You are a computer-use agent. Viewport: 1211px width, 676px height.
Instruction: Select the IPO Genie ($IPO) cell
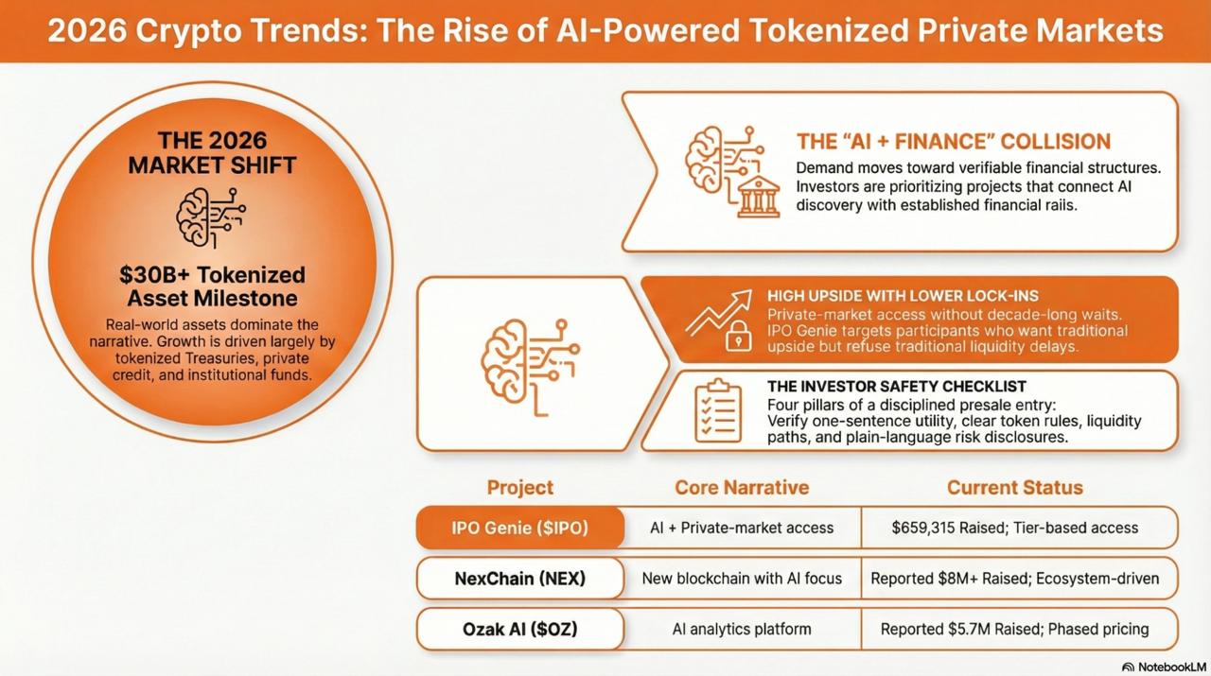[x=519, y=528]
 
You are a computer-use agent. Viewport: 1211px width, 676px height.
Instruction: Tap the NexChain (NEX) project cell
[x=519, y=578]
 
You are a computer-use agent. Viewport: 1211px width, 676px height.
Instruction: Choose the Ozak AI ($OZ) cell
[x=519, y=629]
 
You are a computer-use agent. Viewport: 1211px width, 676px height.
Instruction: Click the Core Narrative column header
[x=742, y=488]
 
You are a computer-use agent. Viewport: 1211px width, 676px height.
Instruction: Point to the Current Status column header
[x=1014, y=488]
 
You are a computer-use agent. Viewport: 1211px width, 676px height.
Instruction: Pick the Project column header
[x=519, y=488]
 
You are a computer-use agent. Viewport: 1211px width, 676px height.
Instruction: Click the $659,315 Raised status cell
[x=1014, y=528]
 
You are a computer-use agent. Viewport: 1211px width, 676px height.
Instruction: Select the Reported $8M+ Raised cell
[x=1014, y=578]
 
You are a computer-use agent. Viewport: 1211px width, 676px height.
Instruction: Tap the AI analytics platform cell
[x=742, y=629]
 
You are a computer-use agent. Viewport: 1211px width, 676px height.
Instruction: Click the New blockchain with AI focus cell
[x=742, y=578]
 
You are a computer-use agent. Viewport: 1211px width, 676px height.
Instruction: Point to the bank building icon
[x=759, y=195]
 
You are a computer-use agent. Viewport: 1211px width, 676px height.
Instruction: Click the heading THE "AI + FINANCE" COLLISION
[x=953, y=142]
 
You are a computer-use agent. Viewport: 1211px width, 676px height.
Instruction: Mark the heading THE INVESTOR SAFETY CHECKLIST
[x=897, y=387]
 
